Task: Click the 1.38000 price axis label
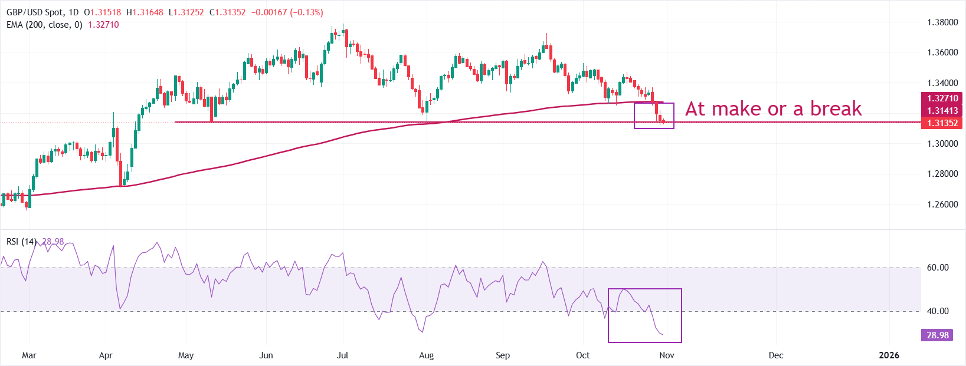942,22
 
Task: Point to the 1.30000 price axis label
942,144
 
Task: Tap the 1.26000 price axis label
942,205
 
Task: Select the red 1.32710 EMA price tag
942,98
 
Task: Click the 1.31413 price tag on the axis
942,111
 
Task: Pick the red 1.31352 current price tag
942,123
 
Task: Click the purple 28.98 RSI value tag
938,335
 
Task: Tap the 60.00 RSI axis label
938,268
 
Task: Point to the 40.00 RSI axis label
938,311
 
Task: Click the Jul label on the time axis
342,355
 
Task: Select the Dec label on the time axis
776,355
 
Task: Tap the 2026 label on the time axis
889,355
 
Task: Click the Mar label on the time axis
29,355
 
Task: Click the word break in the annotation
836,109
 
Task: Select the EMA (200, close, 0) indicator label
44,25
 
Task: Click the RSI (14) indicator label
21,242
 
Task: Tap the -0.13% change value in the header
306,12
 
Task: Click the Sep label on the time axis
503,355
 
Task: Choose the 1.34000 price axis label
942,83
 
